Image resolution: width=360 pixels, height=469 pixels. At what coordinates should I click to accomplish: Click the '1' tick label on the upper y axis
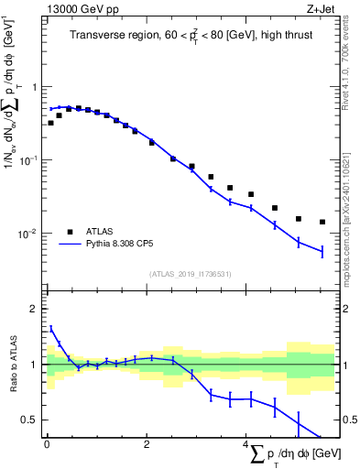36,87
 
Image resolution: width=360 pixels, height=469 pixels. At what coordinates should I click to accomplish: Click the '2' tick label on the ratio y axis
36,309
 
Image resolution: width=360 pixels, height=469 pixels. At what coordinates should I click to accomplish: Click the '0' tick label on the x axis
46,444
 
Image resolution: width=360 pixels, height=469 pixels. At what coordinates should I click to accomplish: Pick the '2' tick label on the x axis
147,444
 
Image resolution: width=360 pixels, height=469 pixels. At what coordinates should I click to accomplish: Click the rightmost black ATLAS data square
322,222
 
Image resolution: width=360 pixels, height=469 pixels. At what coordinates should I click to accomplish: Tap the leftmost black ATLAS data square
50,123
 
